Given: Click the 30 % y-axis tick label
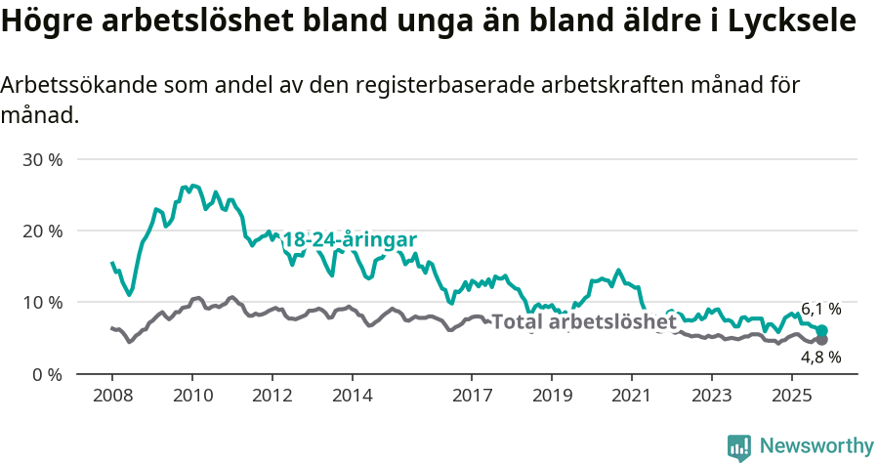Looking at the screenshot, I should click(42, 159).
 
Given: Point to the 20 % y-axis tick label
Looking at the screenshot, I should click(42, 231).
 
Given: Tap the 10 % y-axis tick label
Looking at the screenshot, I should click(42, 303).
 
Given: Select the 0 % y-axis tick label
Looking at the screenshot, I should click(47, 374).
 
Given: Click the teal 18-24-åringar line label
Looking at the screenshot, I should click(350, 240).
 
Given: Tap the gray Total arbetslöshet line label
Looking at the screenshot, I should click(583, 321).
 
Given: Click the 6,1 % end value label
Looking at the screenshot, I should click(820, 310).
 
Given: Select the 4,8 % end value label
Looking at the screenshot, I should click(820, 358).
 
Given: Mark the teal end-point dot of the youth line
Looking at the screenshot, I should click(821, 331).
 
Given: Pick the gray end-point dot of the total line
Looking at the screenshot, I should click(821, 340).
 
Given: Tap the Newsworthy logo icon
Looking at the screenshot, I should click(739, 446).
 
